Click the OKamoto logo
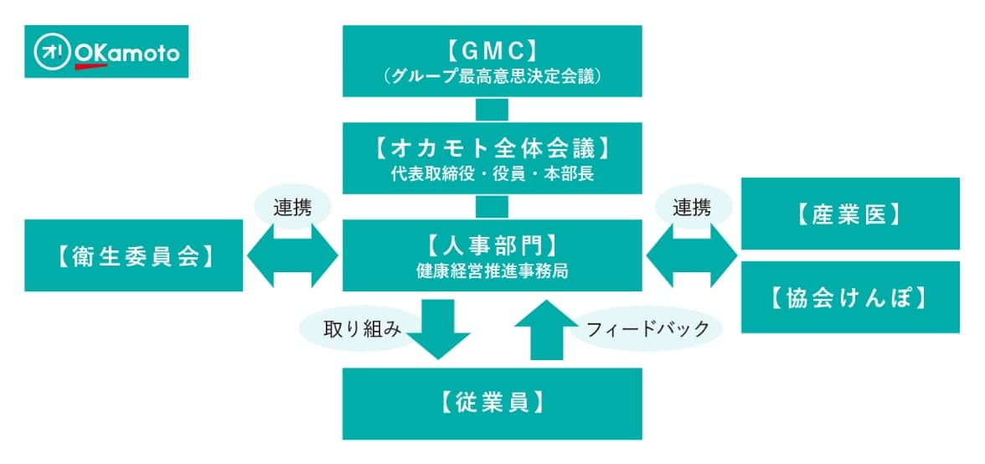[x=106, y=52]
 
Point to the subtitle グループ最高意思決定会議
[x=492, y=76]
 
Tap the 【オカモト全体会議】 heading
[x=492, y=148]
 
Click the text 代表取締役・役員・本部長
[x=492, y=176]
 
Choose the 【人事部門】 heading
[x=492, y=246]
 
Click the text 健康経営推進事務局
[x=492, y=271]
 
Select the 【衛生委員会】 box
[x=133, y=256]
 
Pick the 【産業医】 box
[x=850, y=214]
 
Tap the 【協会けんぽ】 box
[x=850, y=297]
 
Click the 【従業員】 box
[x=492, y=403]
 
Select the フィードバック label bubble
[x=642, y=327]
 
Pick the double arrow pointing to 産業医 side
[x=692, y=256]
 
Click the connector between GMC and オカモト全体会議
[x=492, y=110]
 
